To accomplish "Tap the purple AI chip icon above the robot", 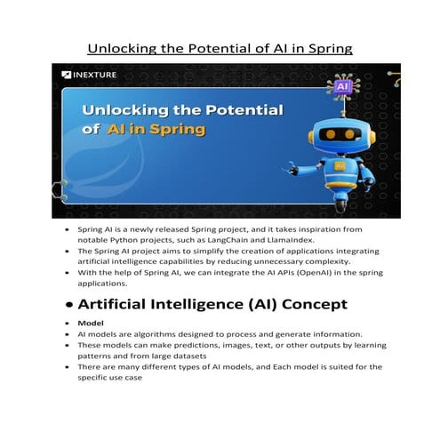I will tap(342, 86).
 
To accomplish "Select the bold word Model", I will tap(90, 323).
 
